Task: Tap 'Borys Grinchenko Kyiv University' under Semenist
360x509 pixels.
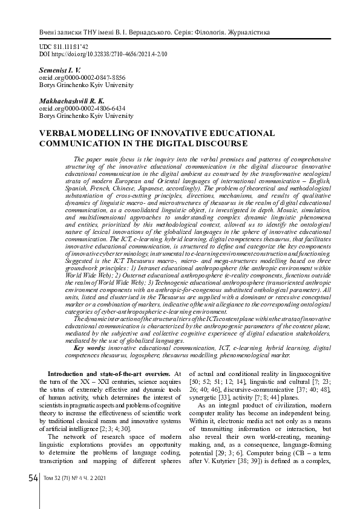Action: click(x=85, y=86)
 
